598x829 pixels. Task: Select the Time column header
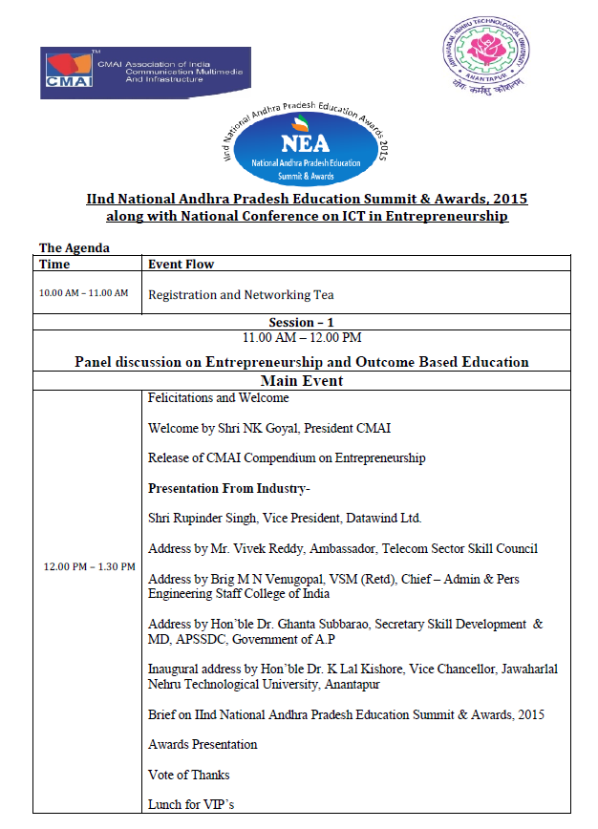click(54, 265)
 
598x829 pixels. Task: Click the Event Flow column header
click(182, 265)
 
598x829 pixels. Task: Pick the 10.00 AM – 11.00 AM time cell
click(83, 292)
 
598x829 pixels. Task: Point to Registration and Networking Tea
click(241, 295)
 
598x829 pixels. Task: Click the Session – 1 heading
click(302, 323)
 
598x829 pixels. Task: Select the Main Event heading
click(302, 381)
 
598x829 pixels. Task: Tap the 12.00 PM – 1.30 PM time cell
click(90, 566)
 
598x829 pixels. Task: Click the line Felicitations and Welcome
click(219, 397)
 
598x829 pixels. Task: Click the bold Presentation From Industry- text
click(229, 488)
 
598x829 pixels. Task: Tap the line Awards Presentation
click(203, 745)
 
